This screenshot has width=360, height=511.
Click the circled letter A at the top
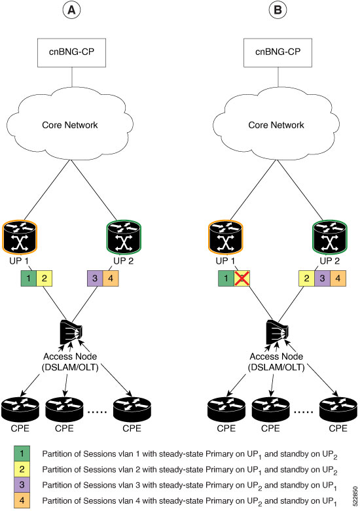tap(71, 10)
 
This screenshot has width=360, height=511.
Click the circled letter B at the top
tap(278, 10)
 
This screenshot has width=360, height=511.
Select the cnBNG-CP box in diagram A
tap(71, 52)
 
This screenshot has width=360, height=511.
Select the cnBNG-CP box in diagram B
tap(278, 52)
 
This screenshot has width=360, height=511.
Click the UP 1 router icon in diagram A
tap(20, 237)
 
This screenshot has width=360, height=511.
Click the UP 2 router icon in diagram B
tap(330, 237)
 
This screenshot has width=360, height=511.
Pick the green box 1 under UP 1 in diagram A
tap(29, 278)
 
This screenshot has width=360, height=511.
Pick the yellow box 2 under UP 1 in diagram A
tap(45, 278)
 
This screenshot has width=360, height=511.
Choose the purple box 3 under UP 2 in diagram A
tap(95, 278)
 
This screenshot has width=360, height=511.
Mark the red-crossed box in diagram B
tap(242, 278)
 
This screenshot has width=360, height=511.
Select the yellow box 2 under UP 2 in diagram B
tap(307, 278)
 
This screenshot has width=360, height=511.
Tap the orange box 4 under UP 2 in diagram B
tap(338, 278)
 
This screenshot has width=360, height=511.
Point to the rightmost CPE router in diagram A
tap(132, 409)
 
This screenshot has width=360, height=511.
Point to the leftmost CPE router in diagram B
tap(226, 409)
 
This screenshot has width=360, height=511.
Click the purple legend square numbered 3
tap(22, 485)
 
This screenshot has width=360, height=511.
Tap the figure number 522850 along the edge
tap(355, 496)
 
